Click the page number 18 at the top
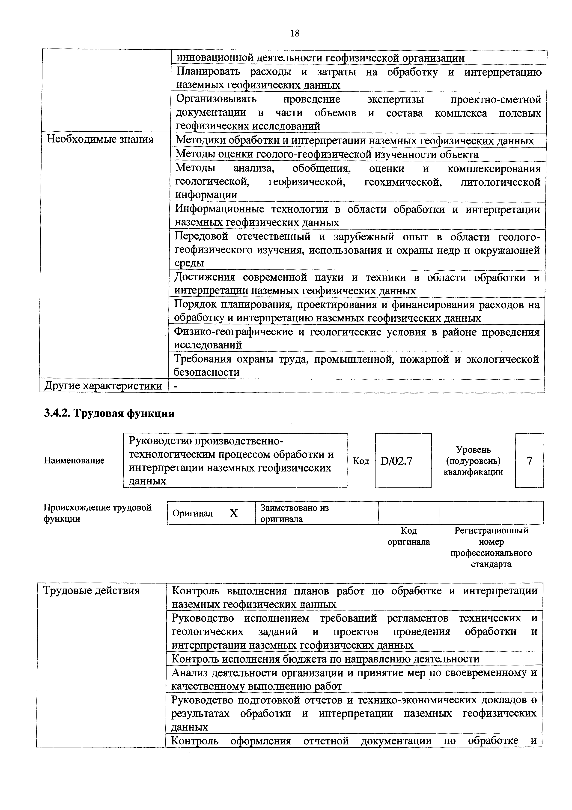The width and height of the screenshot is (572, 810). pos(295,33)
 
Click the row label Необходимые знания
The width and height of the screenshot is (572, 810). pos(100,140)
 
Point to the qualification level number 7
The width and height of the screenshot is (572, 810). pos(529,461)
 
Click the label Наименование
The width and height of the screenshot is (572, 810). pos(74,460)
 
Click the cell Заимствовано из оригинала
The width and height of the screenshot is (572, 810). pos(294,513)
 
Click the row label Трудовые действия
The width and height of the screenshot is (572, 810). pos(91,591)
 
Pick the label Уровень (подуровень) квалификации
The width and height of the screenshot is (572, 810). pos(473,461)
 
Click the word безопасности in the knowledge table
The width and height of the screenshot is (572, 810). pos(206,372)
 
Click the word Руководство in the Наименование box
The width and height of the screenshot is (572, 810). pos(159,441)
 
